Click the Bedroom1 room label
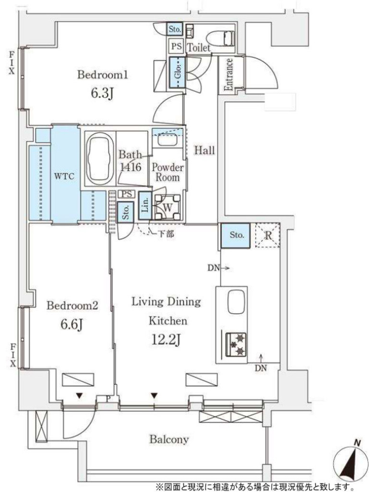(103, 75)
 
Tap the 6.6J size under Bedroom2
(72, 325)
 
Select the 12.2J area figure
(166, 340)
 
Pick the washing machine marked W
(168, 207)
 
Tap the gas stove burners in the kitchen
(236, 344)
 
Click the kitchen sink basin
(236, 302)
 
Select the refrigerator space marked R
(268, 235)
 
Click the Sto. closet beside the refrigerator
(235, 235)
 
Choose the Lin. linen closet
(145, 206)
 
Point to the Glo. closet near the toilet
(178, 73)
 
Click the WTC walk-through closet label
(64, 176)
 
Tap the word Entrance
(229, 74)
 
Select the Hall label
(205, 150)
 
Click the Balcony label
(169, 439)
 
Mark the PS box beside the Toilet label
(177, 47)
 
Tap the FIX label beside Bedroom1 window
(12, 63)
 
